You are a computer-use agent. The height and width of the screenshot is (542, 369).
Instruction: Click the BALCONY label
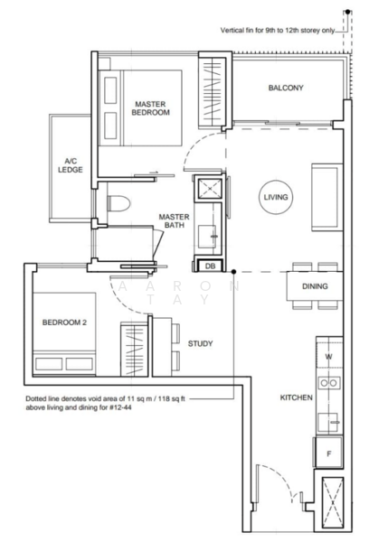(286, 88)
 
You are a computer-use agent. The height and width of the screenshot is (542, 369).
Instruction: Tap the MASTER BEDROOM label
(150, 108)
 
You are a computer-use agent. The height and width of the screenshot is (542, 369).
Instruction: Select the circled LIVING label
(276, 197)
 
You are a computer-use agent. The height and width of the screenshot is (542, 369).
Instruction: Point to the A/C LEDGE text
(71, 165)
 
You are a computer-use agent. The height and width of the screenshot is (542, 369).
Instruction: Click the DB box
(210, 266)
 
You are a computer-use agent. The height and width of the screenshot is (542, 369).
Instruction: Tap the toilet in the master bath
(118, 203)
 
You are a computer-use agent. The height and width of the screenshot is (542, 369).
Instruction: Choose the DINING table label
(315, 286)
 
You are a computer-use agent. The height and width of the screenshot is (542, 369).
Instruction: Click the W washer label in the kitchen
(329, 357)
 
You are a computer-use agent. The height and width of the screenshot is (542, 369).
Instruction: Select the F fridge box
(329, 453)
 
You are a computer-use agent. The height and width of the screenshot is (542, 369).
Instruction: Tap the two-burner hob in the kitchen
(329, 383)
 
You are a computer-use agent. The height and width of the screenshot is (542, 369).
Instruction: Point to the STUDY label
(200, 343)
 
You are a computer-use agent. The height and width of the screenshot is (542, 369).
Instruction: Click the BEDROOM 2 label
(64, 322)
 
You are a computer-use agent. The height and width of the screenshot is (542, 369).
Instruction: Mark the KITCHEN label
(297, 397)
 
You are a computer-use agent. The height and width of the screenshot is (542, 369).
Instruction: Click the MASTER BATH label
(175, 221)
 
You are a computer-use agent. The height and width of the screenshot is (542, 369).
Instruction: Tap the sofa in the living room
(326, 197)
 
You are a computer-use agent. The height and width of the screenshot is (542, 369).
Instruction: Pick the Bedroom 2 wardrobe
(135, 350)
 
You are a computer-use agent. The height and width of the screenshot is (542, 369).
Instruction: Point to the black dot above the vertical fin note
(347, 12)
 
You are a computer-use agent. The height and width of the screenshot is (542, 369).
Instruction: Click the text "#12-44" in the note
(120, 407)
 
